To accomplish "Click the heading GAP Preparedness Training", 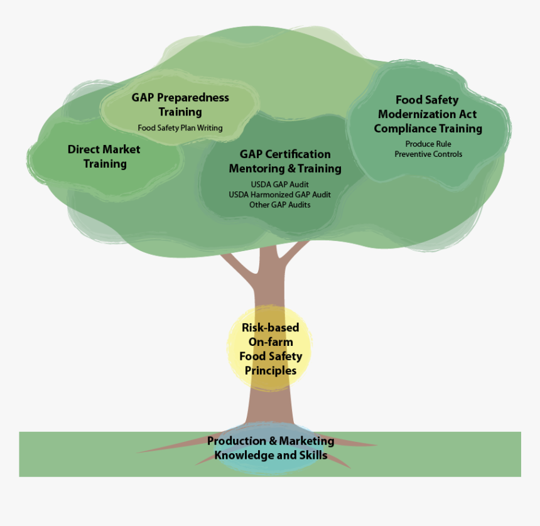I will (x=180, y=105).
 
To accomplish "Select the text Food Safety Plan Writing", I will (x=180, y=128).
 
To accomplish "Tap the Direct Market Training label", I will (x=104, y=157).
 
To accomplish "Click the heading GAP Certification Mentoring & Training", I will (x=285, y=161).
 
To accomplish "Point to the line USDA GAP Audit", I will (x=279, y=185).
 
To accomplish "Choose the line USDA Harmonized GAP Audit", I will (x=279, y=195).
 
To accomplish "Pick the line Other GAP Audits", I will (x=279, y=205).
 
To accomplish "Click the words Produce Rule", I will (x=428, y=144).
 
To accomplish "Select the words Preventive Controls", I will (x=428, y=154).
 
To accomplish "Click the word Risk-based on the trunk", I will (x=270, y=328).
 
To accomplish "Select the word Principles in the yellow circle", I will (x=270, y=370).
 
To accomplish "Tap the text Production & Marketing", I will (x=271, y=441).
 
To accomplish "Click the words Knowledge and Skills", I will (x=271, y=455).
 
